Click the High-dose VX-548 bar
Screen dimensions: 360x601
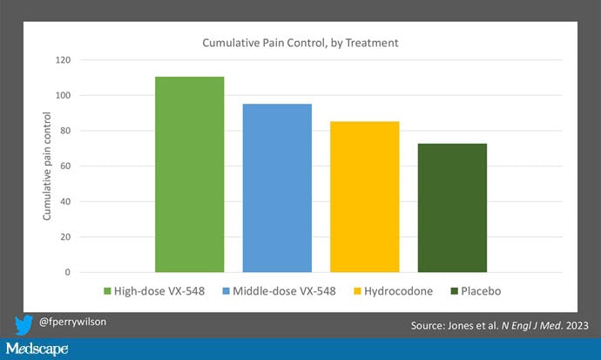189,174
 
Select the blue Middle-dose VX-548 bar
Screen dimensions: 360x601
277,187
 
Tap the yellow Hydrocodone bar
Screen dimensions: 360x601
364,196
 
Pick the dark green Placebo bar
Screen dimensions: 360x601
452,207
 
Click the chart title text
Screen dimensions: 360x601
300,42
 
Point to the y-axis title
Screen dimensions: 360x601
48,166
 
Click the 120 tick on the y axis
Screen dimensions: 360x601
62,60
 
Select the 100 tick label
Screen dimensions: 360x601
62,95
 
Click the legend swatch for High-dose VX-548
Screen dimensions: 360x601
108,290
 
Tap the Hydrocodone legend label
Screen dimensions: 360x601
395,290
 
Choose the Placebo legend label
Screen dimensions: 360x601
482,290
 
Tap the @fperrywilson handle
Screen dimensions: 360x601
73,323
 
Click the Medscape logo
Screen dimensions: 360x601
37,350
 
